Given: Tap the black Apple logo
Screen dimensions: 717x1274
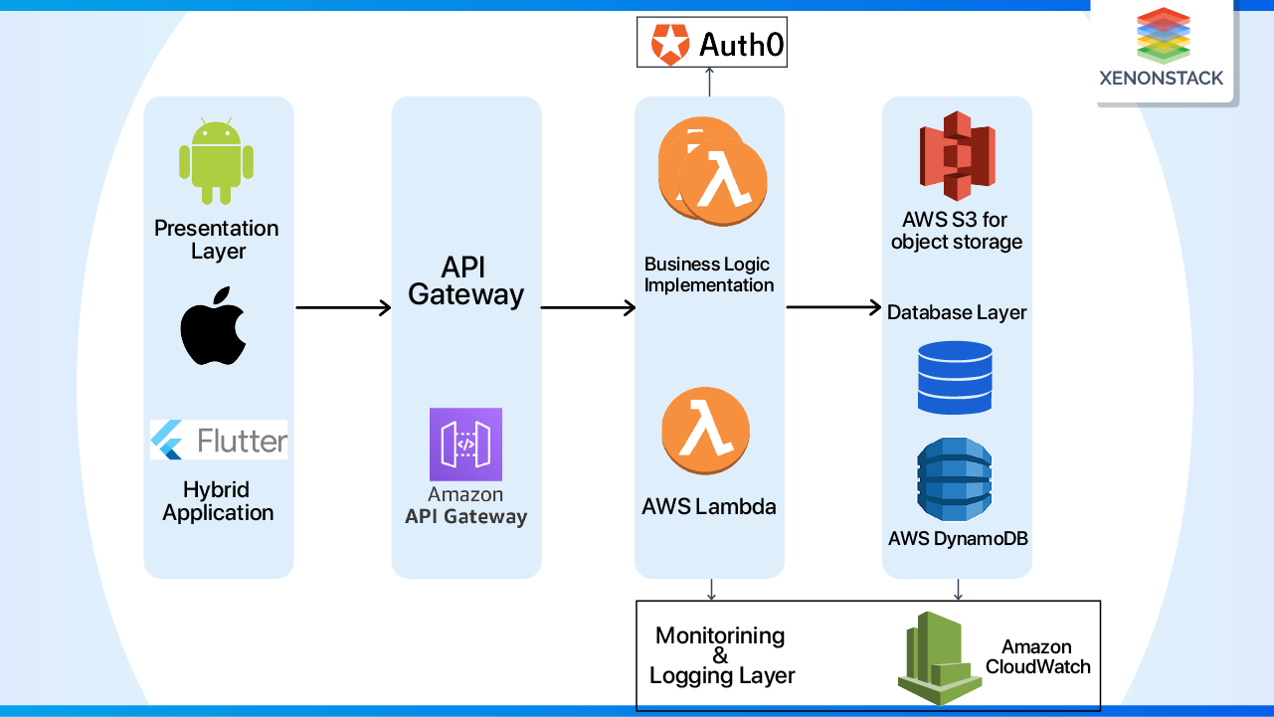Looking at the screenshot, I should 213,327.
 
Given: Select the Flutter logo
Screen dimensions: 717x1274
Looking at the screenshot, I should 219,440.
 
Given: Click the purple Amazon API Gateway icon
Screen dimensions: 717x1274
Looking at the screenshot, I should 465,445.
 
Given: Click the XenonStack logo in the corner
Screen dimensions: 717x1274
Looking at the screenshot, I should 1162,49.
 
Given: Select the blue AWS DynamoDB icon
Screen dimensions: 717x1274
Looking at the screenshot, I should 954,480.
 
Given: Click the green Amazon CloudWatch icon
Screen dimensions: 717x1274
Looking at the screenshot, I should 933,657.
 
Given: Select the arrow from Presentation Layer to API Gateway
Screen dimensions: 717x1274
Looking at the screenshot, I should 343,308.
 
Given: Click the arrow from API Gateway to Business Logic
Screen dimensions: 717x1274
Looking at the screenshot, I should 588,308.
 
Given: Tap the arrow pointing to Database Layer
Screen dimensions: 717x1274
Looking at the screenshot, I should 833,307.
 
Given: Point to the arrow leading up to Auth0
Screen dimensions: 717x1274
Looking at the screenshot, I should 709,82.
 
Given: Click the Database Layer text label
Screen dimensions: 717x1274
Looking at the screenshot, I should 957,312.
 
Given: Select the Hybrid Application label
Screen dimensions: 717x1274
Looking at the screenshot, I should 218,501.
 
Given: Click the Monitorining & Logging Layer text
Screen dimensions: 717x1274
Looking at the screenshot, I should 721,655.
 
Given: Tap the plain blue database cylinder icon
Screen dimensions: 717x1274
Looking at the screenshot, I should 954,378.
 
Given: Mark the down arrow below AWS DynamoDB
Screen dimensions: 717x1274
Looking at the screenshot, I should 958,590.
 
